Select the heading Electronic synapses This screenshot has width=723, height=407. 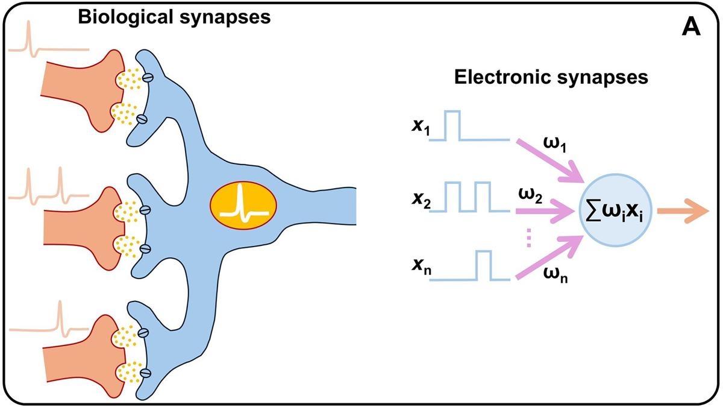pos(551,78)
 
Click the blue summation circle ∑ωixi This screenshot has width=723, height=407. pos(616,211)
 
